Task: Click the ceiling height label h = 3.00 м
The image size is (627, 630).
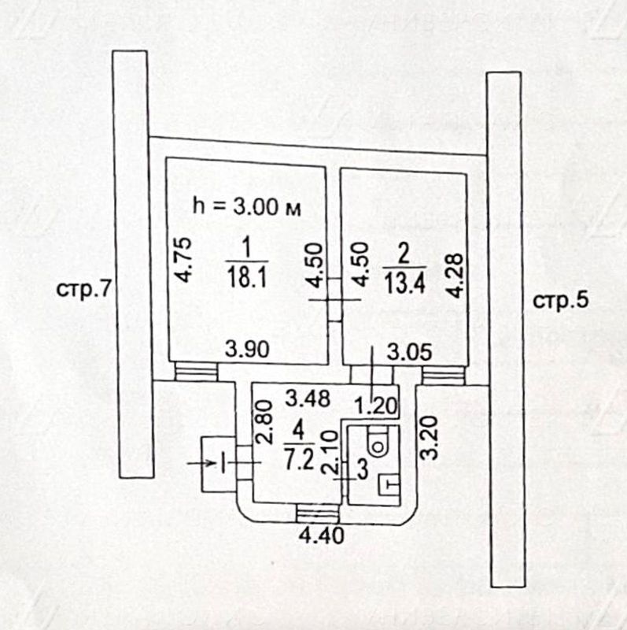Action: click(x=247, y=208)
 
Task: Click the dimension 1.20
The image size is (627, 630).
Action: click(x=374, y=407)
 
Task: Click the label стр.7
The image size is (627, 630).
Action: click(x=82, y=289)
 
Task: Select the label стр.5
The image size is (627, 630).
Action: click(x=561, y=299)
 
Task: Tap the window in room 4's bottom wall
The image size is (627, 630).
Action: click(x=318, y=514)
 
